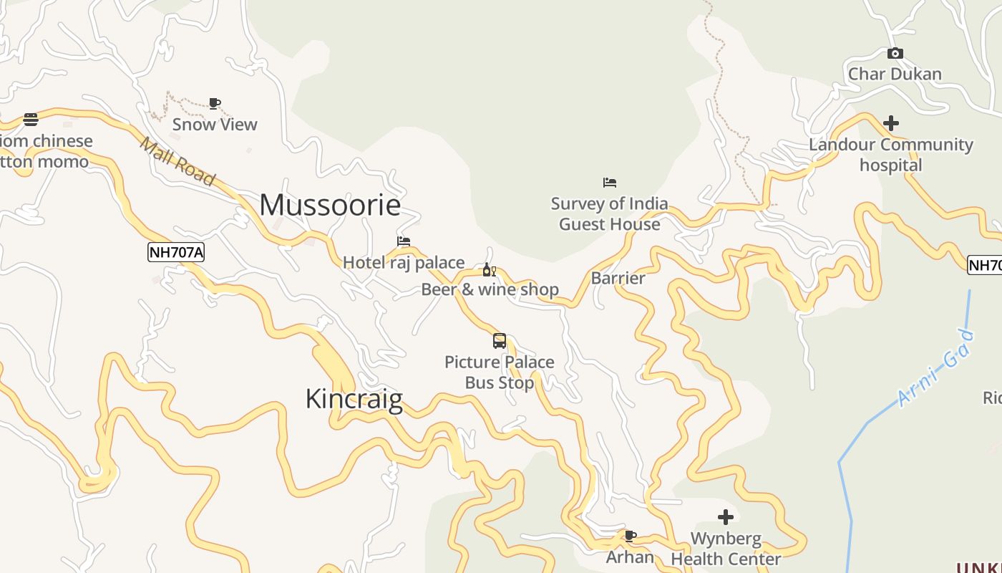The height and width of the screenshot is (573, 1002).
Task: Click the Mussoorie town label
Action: (x=330, y=206)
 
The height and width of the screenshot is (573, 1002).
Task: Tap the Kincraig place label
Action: (x=354, y=399)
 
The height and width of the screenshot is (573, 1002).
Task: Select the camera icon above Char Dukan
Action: (x=895, y=54)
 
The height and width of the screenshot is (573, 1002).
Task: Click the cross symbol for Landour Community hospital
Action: (x=891, y=123)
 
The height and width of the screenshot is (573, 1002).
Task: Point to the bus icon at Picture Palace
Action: (x=500, y=341)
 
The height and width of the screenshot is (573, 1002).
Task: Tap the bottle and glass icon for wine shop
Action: (x=490, y=270)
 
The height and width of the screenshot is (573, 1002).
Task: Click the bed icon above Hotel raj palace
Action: (x=404, y=241)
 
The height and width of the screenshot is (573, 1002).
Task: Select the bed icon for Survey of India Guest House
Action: (x=610, y=183)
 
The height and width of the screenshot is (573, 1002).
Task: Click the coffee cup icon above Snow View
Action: (x=215, y=104)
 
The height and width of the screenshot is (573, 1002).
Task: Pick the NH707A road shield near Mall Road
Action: (x=176, y=252)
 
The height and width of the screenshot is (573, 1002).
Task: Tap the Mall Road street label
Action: (x=177, y=162)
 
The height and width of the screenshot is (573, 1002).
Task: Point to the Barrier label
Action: (x=618, y=278)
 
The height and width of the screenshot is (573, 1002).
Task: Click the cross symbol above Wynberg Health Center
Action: (x=726, y=517)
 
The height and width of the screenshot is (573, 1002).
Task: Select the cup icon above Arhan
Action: (x=631, y=536)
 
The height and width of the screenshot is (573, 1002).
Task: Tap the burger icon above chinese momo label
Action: (x=31, y=119)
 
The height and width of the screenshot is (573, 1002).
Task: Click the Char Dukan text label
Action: (x=895, y=74)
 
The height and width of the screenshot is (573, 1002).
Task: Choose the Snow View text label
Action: (x=215, y=125)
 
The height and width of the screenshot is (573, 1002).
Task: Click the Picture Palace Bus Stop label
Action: (x=500, y=372)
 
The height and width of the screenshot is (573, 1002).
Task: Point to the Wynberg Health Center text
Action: (x=726, y=549)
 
